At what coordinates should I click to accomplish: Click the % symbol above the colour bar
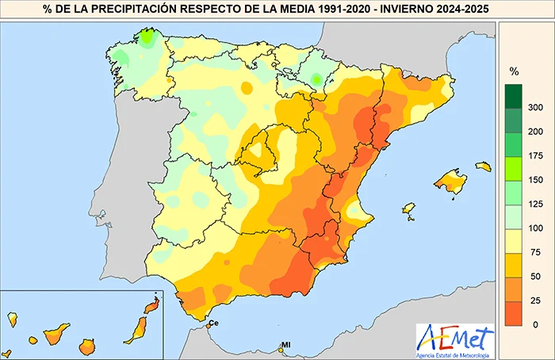(513, 71)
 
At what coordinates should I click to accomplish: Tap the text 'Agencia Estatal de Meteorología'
(455, 354)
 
